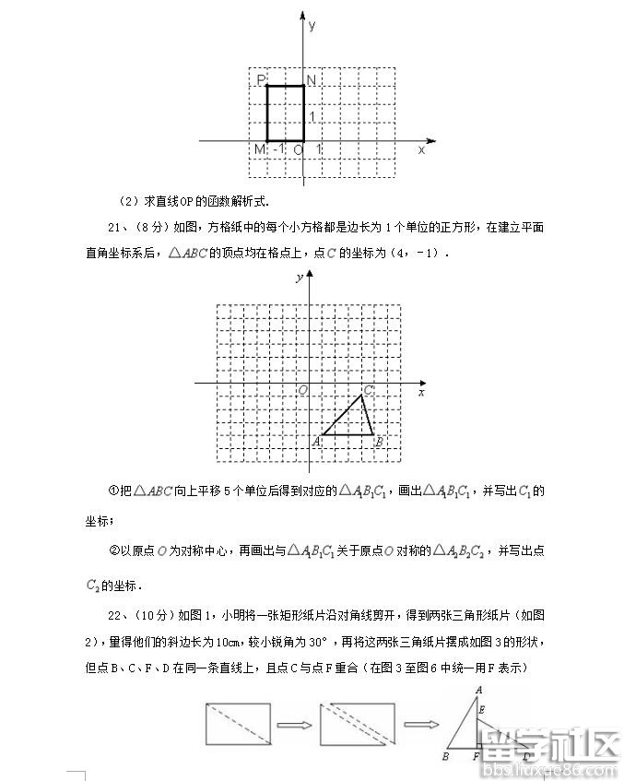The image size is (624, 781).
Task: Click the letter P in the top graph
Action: [x=261, y=80]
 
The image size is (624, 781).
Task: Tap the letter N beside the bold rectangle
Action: [x=312, y=80]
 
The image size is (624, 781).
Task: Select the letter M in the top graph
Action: [x=260, y=149]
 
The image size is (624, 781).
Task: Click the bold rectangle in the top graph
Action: [x=286, y=114]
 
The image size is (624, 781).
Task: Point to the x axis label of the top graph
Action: [x=422, y=149]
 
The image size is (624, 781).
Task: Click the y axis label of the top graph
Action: [x=312, y=26]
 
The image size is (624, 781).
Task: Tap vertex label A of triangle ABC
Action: [x=316, y=441]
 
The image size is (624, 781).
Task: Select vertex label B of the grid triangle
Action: [x=379, y=442]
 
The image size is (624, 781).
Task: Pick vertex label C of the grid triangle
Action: [x=368, y=391]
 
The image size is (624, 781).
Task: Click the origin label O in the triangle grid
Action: [x=301, y=391]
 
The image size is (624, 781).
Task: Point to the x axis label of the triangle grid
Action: [x=421, y=393]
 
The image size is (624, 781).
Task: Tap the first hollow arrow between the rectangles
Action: [x=294, y=725]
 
